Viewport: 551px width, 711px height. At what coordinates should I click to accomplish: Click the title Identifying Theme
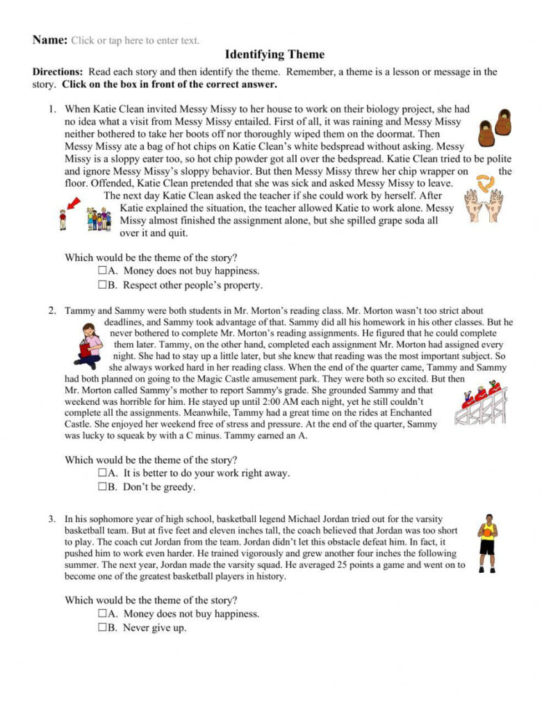coord(275,54)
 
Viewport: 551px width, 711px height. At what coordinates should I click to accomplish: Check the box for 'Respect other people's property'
coord(102,285)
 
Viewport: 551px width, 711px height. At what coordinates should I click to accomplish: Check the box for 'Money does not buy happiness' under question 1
coord(102,271)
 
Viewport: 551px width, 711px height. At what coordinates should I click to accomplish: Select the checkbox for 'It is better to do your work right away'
coord(102,473)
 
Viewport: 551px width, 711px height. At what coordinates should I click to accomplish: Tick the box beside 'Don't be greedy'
coord(102,487)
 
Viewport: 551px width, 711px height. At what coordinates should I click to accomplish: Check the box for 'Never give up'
coord(102,628)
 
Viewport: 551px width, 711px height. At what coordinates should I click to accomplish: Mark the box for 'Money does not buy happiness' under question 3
coord(102,614)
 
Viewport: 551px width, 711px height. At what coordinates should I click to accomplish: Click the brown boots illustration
coord(495,127)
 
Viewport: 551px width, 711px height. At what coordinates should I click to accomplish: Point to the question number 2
coord(52,310)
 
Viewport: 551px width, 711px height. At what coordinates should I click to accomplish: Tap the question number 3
coord(52,518)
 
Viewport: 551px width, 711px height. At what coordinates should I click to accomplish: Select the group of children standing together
coord(99,219)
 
